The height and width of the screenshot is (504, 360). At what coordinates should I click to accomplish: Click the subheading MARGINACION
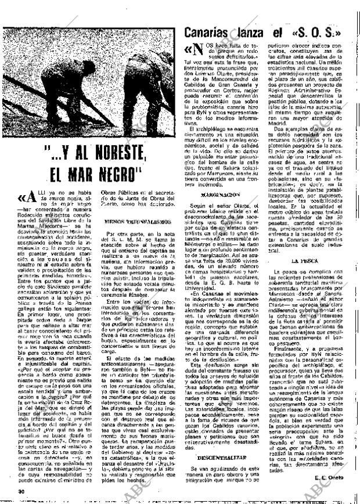221,193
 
